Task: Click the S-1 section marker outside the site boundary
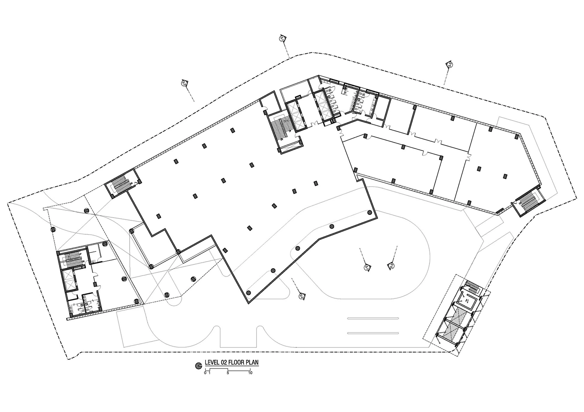282,38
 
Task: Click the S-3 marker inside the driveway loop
391,266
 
